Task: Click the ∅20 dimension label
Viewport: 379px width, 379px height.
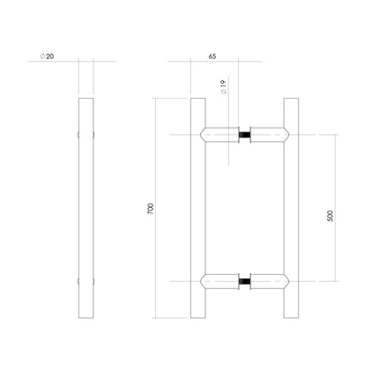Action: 46,55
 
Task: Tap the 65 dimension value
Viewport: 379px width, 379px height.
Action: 212,55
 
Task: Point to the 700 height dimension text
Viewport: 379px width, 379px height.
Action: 151,209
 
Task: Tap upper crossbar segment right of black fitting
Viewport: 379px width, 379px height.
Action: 270,135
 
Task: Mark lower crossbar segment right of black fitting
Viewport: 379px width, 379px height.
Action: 270,282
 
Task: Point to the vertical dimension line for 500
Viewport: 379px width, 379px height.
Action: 335,176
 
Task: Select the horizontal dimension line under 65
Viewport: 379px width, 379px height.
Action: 220,62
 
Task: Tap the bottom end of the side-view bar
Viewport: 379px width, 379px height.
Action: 85,316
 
